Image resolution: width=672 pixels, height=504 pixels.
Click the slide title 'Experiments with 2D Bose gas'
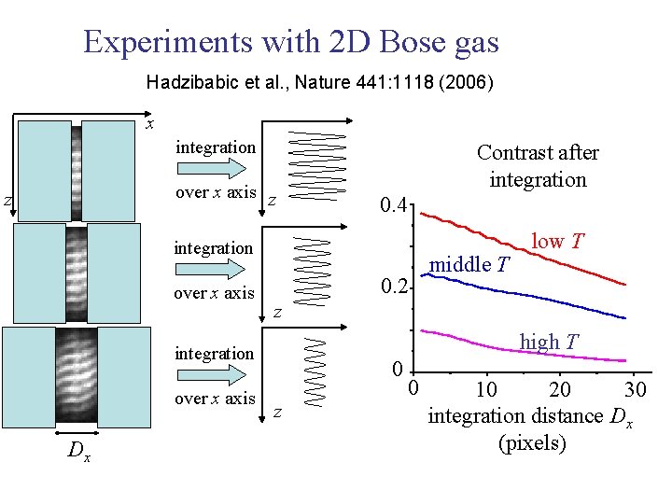click(x=291, y=42)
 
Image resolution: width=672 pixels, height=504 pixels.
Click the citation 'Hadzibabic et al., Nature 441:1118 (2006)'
click(x=320, y=83)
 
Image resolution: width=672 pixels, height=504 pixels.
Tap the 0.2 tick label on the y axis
click(x=393, y=285)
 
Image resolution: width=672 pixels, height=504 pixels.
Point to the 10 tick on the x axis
click(x=485, y=388)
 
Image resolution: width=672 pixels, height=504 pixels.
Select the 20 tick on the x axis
click(x=560, y=388)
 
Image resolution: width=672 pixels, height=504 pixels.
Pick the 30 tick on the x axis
click(x=635, y=388)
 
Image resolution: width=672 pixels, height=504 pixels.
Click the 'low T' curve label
click(x=557, y=241)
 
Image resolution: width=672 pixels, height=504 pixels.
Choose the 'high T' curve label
click(x=552, y=342)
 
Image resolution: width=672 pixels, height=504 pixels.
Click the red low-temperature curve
click(x=523, y=245)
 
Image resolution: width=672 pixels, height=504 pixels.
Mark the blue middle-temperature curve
click(x=523, y=291)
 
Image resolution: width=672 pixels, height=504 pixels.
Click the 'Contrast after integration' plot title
click(x=538, y=165)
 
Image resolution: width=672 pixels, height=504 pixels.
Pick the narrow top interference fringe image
click(x=77, y=170)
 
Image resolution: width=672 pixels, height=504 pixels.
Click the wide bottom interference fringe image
click(x=77, y=371)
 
